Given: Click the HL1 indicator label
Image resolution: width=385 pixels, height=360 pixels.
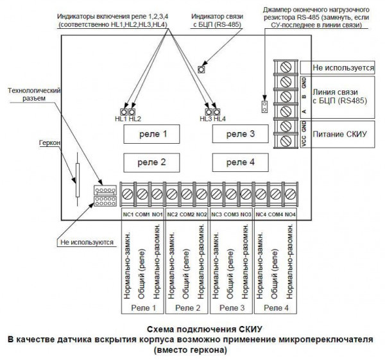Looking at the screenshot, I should [x=121, y=119].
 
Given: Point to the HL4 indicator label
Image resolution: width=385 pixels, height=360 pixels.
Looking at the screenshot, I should [x=220, y=119].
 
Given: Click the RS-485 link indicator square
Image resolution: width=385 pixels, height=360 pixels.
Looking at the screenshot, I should [x=201, y=69].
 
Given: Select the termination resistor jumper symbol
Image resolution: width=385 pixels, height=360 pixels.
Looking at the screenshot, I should [x=263, y=105].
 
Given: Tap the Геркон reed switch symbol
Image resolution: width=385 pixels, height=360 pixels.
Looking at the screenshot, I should [x=78, y=179].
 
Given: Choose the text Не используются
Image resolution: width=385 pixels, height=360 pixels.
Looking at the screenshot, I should [x=87, y=243].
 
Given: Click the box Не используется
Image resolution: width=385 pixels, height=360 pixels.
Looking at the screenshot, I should [x=338, y=67].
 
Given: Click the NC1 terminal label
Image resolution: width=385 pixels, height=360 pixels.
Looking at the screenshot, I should [x=127, y=214].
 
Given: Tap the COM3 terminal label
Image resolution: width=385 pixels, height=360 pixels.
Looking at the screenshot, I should [x=232, y=214].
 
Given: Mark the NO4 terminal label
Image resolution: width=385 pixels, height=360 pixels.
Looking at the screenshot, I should [x=290, y=214].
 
